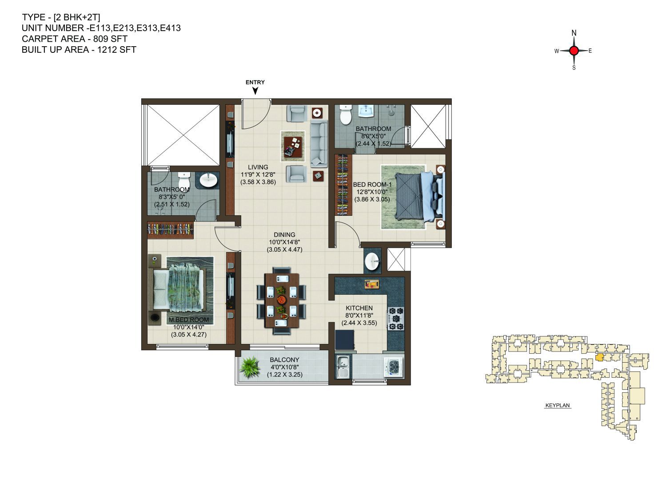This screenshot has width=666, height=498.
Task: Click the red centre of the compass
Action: (x=574, y=51)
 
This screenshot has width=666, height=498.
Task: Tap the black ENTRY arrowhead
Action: (x=255, y=91)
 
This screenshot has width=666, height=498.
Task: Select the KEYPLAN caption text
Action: (x=558, y=405)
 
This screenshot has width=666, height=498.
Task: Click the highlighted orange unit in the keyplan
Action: (x=599, y=357)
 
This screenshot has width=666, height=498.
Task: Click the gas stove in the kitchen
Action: (x=396, y=319)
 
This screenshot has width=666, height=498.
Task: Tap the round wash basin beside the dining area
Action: (x=372, y=261)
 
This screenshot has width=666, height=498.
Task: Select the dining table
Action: (x=282, y=300)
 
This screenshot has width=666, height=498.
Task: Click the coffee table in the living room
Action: (x=293, y=146)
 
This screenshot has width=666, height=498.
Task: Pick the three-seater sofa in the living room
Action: (x=319, y=143)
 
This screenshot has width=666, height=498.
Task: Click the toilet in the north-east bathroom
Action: (x=345, y=115)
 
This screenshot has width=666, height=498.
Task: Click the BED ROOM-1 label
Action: (x=372, y=184)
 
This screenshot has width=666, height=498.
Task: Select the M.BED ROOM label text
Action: (x=189, y=320)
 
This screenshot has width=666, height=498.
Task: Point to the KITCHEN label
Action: (x=359, y=308)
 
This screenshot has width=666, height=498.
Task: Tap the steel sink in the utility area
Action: (x=343, y=367)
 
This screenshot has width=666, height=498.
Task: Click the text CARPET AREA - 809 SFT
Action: (x=75, y=39)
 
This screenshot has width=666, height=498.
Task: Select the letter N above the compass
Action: (x=574, y=33)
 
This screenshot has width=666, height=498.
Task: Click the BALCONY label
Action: (x=284, y=360)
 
